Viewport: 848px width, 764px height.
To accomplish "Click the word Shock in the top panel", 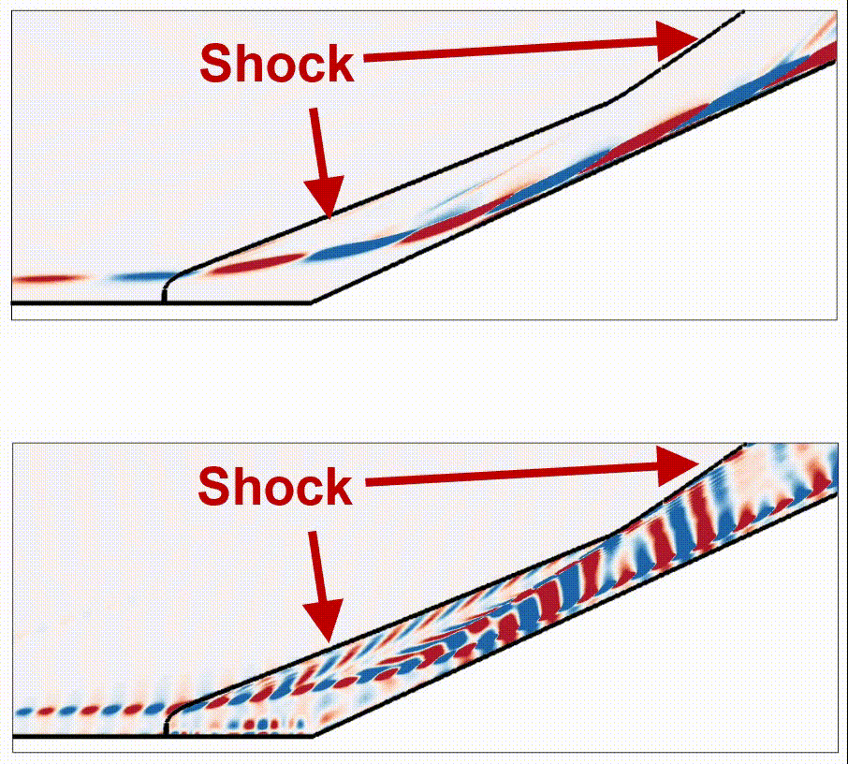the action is [277, 64].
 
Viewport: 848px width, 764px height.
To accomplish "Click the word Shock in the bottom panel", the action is [275, 487].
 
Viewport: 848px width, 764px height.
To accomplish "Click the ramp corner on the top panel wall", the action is [311, 302].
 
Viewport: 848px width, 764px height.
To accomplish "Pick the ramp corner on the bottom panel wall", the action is [313, 736].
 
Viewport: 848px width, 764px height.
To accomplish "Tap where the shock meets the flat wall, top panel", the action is [164, 301].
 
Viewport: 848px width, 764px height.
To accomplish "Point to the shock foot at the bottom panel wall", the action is [166, 735].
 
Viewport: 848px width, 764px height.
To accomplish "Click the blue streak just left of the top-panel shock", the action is [143, 277].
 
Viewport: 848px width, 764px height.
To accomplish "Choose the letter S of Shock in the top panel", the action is [214, 64].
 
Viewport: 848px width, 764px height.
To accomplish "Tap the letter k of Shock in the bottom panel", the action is [339, 487].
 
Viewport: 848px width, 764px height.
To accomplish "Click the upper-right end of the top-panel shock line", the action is [743, 11].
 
